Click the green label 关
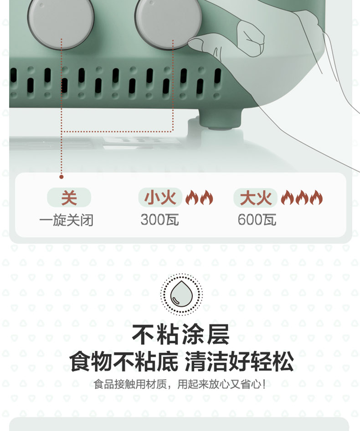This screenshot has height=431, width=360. pos(69,198)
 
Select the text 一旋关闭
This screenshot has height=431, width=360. pos(67,220)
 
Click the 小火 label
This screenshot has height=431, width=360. pos(160,198)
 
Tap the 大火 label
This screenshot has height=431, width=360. pos(255,198)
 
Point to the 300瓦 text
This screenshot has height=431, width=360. pos(159,220)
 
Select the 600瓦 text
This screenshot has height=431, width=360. pos(257,220)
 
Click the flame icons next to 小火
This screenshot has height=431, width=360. pos(199,198)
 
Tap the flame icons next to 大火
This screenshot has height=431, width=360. pos(302,198)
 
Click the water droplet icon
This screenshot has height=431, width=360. pos(181,294)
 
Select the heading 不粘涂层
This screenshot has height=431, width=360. pos(180,334)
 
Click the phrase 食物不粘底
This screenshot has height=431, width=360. pos(123,362)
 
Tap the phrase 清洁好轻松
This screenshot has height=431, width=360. pos(239,362)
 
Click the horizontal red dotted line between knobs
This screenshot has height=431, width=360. pos(118,132)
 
